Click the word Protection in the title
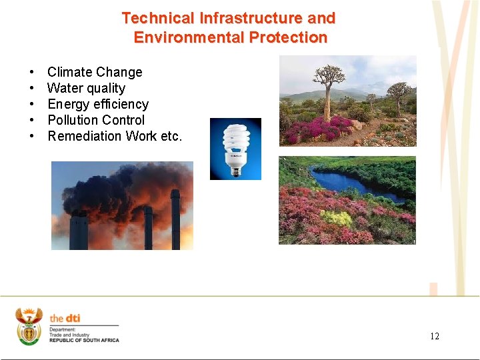coord(288,37)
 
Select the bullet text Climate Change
coord(95,72)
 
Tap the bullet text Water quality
coord(86,88)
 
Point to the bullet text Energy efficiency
coord(98,104)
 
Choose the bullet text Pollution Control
coord(96,120)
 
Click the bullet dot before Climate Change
coord(31,72)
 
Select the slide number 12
coord(435,336)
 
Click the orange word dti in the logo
coord(72,319)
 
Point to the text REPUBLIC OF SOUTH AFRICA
coord(84,340)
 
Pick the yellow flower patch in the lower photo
coord(337,218)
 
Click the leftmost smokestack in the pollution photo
coord(78,230)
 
